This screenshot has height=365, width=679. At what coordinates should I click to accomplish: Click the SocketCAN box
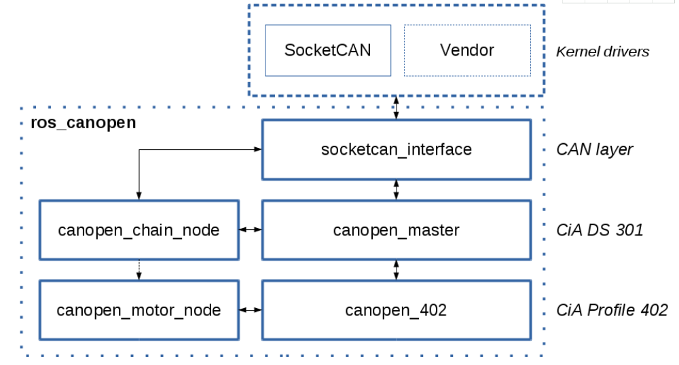pos(327,50)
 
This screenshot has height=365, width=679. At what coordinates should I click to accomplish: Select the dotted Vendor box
pos(467,50)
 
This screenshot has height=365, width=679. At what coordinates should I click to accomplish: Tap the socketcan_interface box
pos(396,149)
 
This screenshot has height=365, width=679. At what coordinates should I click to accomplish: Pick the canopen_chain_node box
pos(139,230)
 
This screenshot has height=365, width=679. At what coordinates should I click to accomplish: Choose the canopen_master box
pos(396,230)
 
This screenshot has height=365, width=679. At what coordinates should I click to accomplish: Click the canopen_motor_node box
pos(139,310)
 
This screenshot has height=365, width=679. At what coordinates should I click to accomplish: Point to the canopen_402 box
pos(396,310)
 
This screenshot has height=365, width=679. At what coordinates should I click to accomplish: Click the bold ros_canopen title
pos(84,123)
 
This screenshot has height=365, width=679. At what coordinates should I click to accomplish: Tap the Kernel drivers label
pos(602,52)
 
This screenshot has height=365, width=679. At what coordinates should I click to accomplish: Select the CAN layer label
pos(594,149)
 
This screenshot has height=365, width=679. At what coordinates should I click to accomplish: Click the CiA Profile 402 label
pos(611,310)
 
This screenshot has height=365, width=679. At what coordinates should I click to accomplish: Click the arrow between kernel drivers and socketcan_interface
pos(396,108)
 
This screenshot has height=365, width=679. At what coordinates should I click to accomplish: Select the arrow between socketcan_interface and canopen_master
pos(396,190)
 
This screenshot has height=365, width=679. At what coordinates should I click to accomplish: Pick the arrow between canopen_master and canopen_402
pos(396,269)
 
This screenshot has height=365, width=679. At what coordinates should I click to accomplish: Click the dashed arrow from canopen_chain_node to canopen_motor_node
pos(139,269)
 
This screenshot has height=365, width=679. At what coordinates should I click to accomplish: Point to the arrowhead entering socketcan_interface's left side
pos(258,149)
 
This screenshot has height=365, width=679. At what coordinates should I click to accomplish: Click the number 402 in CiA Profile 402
pos(653,310)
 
